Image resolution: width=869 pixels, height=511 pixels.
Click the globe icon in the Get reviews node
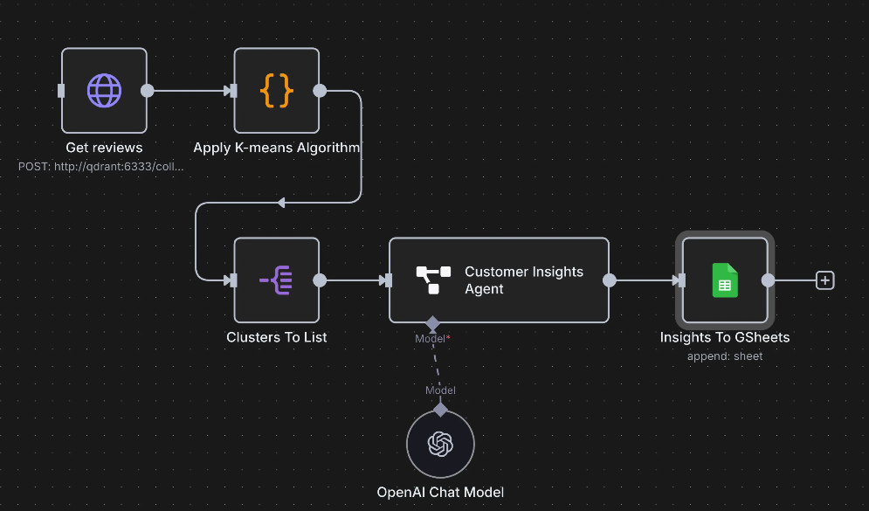104,90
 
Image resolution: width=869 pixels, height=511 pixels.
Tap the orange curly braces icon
276,90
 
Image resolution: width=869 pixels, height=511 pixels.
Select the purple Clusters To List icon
276,280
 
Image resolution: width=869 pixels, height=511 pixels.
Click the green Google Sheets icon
725,280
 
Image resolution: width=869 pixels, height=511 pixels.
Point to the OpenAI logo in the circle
440,445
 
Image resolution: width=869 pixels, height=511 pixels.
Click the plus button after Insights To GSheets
824,280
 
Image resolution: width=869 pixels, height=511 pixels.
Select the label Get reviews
104,148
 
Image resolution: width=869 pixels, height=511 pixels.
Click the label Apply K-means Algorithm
276,148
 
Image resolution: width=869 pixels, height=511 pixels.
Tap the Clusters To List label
277,337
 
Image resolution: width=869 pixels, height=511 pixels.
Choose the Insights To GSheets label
725,337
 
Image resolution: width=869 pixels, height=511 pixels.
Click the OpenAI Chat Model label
440,492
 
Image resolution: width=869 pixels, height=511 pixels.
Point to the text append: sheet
725,356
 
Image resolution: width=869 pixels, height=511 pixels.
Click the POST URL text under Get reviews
101,165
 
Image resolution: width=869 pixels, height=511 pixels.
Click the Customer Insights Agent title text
524,280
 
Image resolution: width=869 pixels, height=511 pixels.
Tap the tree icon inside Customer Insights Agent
432,280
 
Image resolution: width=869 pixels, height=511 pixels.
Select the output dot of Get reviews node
148,90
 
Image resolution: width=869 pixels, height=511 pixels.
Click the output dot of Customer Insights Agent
610,280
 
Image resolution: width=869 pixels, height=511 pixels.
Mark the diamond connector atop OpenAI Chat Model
440,409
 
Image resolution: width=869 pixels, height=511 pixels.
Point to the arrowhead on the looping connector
280,203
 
